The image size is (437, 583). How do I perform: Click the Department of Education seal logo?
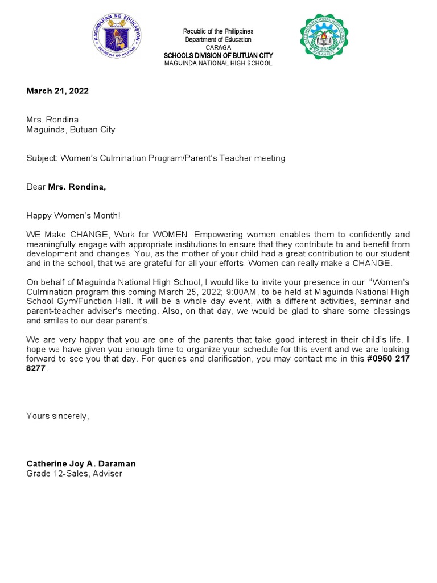click(117, 39)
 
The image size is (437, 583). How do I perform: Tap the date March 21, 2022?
click(57, 91)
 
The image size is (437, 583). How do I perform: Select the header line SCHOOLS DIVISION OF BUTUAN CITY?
click(218, 55)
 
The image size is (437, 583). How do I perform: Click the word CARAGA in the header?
click(218, 47)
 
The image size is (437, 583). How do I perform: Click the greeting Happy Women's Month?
click(73, 216)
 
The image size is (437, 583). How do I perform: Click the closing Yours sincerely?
click(57, 416)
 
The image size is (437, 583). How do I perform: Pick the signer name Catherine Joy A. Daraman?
click(81, 463)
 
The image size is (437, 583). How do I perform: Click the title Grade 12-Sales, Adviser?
click(74, 473)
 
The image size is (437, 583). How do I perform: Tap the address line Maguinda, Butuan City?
click(71, 129)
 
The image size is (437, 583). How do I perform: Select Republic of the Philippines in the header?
click(218, 31)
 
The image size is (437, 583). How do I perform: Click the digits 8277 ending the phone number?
click(36, 368)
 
